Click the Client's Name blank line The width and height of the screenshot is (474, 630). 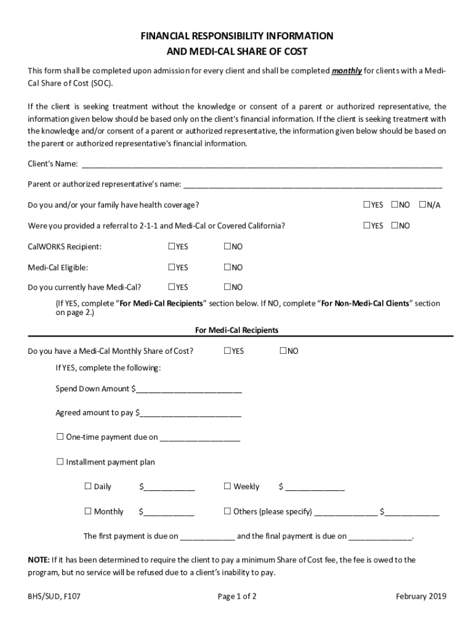(x=262, y=165)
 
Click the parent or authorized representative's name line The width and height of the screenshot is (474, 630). (x=313, y=185)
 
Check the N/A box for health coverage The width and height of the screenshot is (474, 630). (x=423, y=205)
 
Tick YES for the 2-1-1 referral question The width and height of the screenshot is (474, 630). (x=367, y=226)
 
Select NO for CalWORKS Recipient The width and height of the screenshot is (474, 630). (x=227, y=247)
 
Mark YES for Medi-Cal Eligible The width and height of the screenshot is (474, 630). (x=172, y=268)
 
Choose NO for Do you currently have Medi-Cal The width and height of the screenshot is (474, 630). (x=227, y=287)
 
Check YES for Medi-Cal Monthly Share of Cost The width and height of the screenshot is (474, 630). (x=227, y=351)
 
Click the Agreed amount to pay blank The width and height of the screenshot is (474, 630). (x=190, y=413)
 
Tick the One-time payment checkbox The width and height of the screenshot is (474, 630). (x=60, y=437)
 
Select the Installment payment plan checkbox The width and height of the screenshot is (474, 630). (x=60, y=461)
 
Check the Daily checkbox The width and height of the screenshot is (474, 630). (x=88, y=486)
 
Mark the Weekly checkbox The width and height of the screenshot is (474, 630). (x=228, y=486)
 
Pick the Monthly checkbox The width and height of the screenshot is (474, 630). (x=88, y=511)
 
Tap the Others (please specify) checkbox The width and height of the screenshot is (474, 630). (x=228, y=511)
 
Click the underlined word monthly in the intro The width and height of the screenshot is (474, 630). (x=347, y=71)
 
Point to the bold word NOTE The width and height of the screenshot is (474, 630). (x=38, y=560)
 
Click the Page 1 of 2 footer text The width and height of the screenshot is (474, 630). (x=237, y=596)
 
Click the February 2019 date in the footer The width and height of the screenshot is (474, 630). (x=421, y=596)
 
